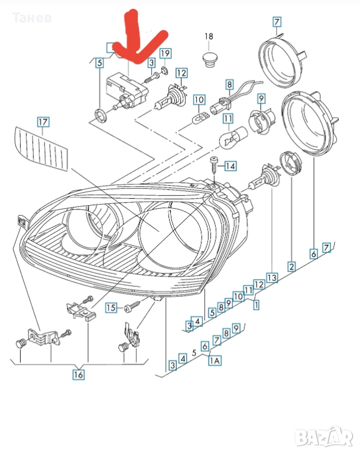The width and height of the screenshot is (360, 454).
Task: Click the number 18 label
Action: [x=209, y=37]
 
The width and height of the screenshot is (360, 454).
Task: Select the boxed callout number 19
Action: [x=165, y=53]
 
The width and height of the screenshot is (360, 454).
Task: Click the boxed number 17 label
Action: [x=43, y=122]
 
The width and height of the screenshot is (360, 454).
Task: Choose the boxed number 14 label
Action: [x=231, y=166]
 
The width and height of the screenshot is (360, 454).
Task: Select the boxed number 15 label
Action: [x=111, y=307]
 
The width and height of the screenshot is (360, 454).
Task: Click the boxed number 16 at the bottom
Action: [x=78, y=375]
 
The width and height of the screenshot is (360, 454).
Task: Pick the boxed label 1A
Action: [x=215, y=361]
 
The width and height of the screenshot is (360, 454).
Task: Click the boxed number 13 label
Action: [x=272, y=278]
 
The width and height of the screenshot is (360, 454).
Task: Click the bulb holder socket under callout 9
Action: [x=258, y=122]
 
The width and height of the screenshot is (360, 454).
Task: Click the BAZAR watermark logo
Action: [x=325, y=436]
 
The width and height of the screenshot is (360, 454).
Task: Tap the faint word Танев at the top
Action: [x=32, y=18]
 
